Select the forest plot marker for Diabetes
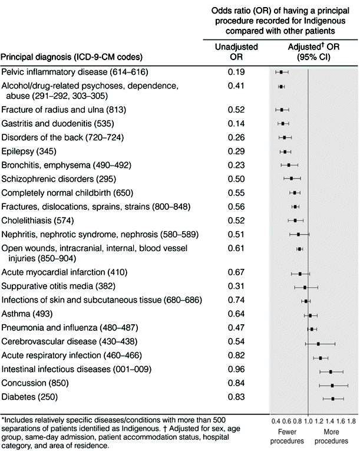[x=333, y=399]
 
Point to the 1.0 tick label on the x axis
[x=308, y=422]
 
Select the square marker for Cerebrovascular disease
[x=318, y=343]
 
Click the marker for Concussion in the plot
[x=333, y=385]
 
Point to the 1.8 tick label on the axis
[x=352, y=422]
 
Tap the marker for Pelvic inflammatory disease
[x=282, y=72]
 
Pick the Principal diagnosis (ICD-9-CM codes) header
[x=74, y=57]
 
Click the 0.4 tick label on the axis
[x=275, y=422]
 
